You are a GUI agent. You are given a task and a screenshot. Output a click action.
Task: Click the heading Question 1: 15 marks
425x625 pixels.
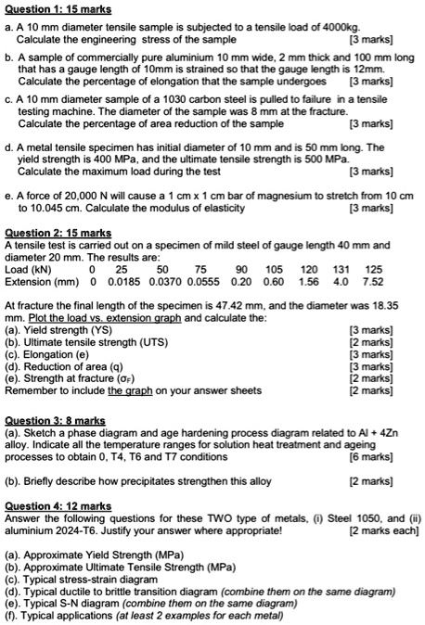tap(58, 9)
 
